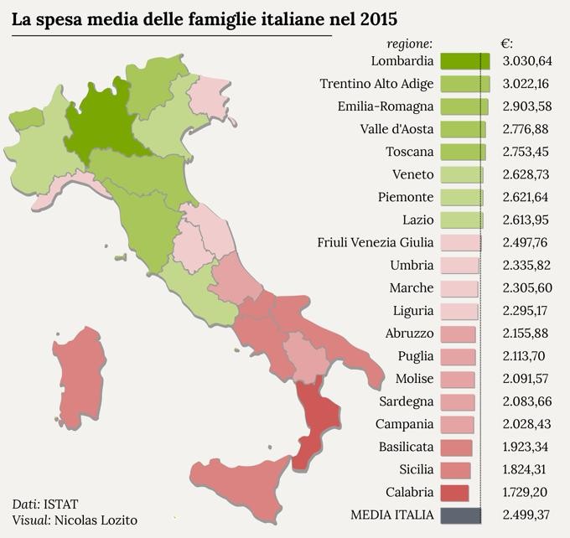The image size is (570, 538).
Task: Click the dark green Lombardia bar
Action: [465, 61]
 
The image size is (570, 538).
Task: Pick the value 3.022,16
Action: [527, 84]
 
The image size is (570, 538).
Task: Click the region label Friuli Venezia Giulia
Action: [376, 242]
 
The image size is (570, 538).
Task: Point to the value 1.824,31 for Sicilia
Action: [527, 469]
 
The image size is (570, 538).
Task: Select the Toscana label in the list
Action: [410, 152]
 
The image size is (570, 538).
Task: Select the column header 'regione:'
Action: [409, 43]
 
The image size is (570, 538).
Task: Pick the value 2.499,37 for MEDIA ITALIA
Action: [527, 515]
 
